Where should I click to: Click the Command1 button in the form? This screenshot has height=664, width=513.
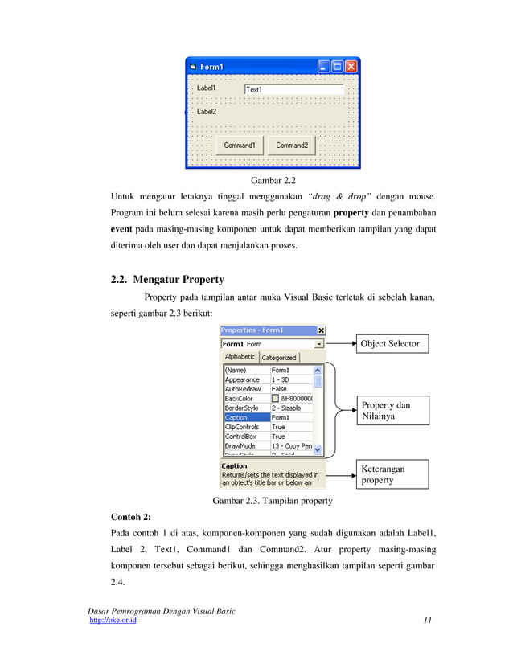point(239,146)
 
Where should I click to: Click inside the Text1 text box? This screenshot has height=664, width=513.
point(293,90)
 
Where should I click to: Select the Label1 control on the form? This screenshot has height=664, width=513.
point(207,88)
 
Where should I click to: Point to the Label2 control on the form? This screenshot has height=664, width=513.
point(207,112)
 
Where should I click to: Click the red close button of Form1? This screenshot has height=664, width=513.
point(351,67)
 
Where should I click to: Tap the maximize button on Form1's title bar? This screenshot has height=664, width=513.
point(338,67)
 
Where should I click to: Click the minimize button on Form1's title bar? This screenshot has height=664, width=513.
point(324,67)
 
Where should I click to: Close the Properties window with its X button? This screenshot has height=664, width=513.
point(321,330)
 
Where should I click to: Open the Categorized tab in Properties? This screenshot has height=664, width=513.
point(278,357)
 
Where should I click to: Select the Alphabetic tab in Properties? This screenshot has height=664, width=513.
point(240,356)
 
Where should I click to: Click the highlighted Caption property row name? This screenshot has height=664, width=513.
point(245,417)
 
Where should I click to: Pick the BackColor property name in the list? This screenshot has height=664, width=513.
point(245,398)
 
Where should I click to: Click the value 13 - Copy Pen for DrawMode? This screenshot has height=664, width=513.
point(291,445)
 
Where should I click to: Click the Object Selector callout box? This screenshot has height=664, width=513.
point(390,344)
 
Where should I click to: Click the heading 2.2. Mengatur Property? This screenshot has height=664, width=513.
point(166,280)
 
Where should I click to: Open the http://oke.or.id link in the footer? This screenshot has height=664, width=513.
point(112,621)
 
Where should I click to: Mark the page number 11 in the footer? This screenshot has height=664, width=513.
point(427,621)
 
